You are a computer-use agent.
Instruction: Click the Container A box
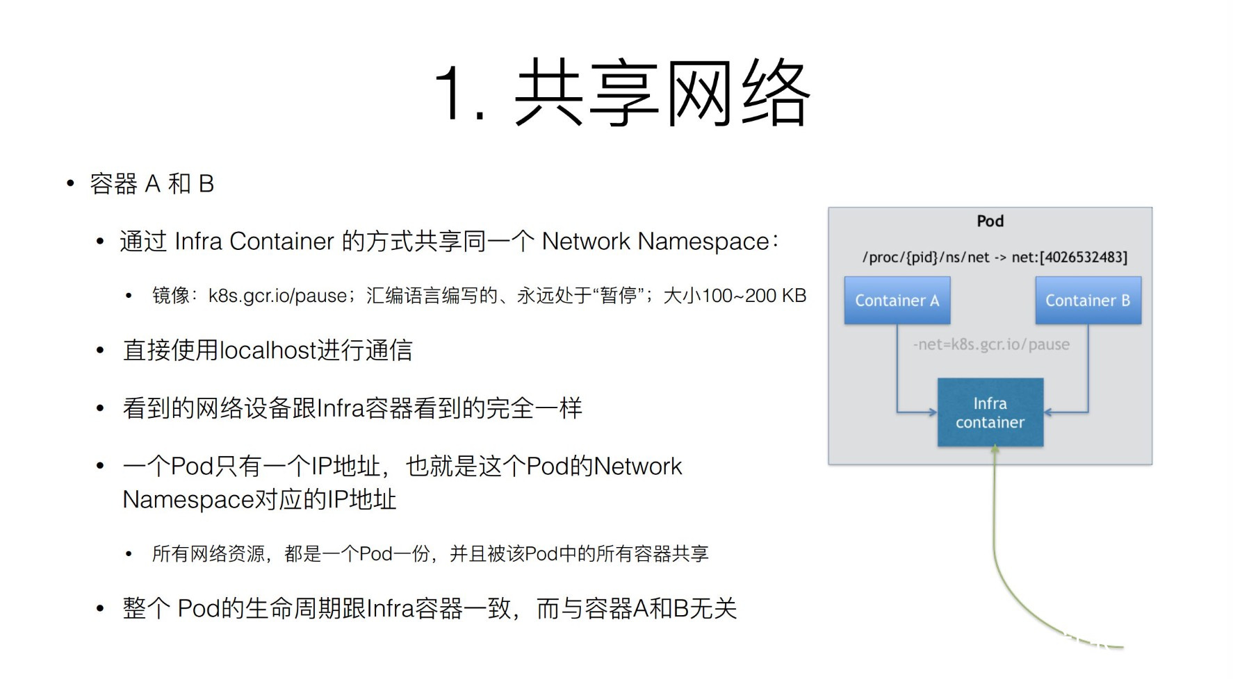click(897, 301)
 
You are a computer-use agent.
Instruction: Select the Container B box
click(1088, 301)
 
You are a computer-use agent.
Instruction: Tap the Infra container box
click(990, 412)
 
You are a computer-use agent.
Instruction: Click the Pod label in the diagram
click(990, 221)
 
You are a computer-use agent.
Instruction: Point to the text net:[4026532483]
click(1069, 258)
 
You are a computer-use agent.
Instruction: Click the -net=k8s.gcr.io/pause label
click(991, 344)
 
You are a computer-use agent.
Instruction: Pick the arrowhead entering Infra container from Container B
click(1048, 412)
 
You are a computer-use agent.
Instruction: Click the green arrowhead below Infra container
click(995, 450)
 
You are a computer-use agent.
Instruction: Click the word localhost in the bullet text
click(268, 351)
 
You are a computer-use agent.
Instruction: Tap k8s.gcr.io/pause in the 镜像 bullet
click(277, 296)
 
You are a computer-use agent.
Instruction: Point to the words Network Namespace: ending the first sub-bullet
click(660, 242)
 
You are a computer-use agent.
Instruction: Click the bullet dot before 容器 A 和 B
click(70, 184)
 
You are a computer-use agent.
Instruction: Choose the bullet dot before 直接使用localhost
click(100, 351)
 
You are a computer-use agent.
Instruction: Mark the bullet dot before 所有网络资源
click(129, 554)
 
